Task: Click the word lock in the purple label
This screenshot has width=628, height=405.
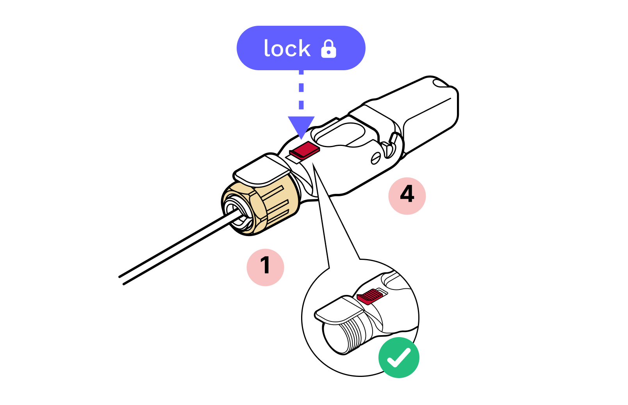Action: [287, 49]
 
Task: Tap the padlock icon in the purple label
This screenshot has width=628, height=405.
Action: [328, 49]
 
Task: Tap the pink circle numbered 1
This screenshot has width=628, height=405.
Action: [265, 267]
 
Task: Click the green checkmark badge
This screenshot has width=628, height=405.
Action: [399, 357]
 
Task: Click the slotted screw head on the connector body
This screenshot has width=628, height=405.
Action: [376, 158]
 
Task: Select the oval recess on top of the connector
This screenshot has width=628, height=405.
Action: [340, 135]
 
